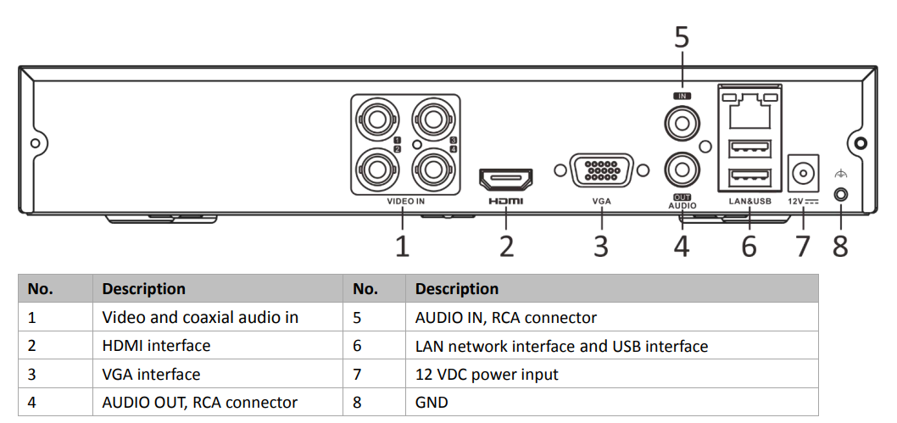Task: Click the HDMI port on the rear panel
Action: (506, 179)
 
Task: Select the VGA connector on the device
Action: (601, 170)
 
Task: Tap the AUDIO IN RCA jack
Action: (682, 125)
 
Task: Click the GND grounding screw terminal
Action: (840, 193)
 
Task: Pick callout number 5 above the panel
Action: (682, 38)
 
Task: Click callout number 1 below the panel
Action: (403, 247)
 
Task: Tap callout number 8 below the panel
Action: (840, 247)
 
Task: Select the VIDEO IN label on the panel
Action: (405, 202)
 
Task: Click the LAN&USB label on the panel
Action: (750, 202)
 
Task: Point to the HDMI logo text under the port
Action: (506, 202)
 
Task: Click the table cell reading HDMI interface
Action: (156, 346)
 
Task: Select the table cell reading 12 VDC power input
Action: (487, 374)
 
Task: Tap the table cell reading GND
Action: (432, 402)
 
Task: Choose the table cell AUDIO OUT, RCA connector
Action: (199, 402)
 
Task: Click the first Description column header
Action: (143, 289)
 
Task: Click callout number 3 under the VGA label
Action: (601, 247)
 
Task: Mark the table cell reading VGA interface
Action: (151, 374)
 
